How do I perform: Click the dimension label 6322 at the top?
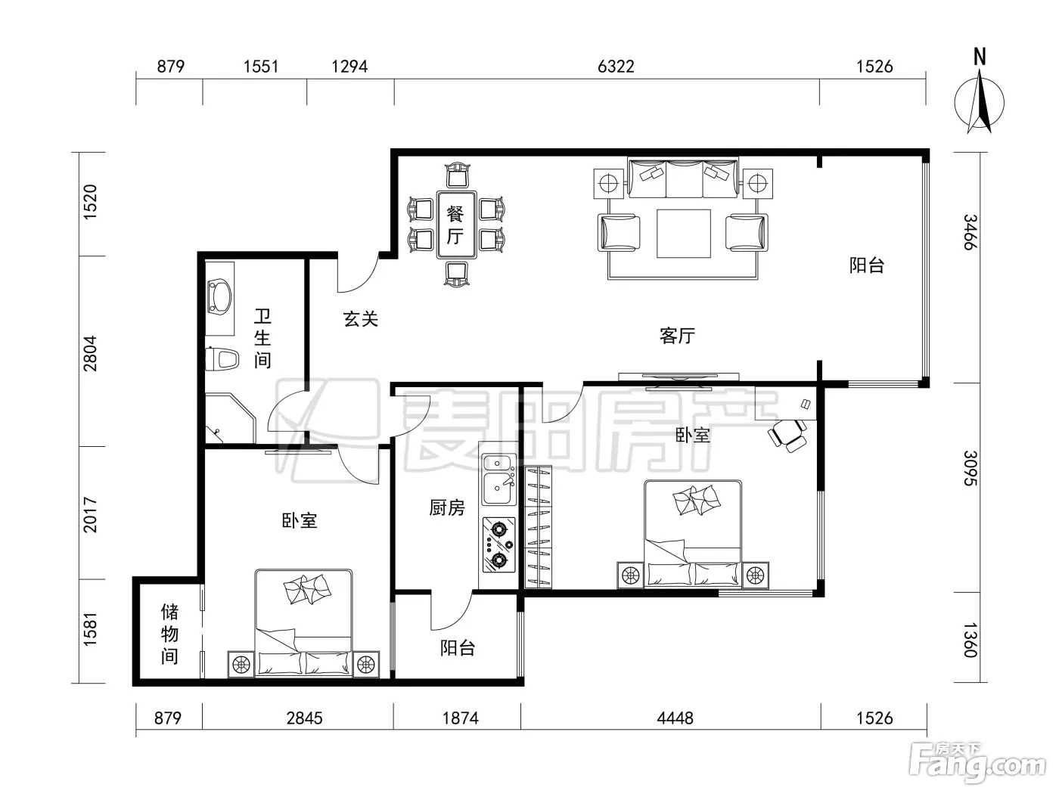(x=616, y=67)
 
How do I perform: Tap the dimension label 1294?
(x=349, y=67)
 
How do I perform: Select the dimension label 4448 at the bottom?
(x=675, y=718)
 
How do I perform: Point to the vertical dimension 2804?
(x=90, y=353)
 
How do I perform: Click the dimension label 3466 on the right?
(x=970, y=232)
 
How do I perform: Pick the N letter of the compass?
(x=980, y=57)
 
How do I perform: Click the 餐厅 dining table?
(x=456, y=225)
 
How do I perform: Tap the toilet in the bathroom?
(x=222, y=359)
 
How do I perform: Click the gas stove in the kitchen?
(x=498, y=544)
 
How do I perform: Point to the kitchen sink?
(x=498, y=479)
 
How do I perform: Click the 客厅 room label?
(x=677, y=336)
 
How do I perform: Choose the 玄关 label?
(x=360, y=318)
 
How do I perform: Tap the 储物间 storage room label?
(x=169, y=634)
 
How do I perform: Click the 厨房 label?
(x=447, y=507)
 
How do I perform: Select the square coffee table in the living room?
(x=683, y=234)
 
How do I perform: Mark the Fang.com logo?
(x=978, y=763)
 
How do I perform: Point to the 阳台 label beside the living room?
(x=867, y=265)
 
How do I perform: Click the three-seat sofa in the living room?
(x=683, y=178)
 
